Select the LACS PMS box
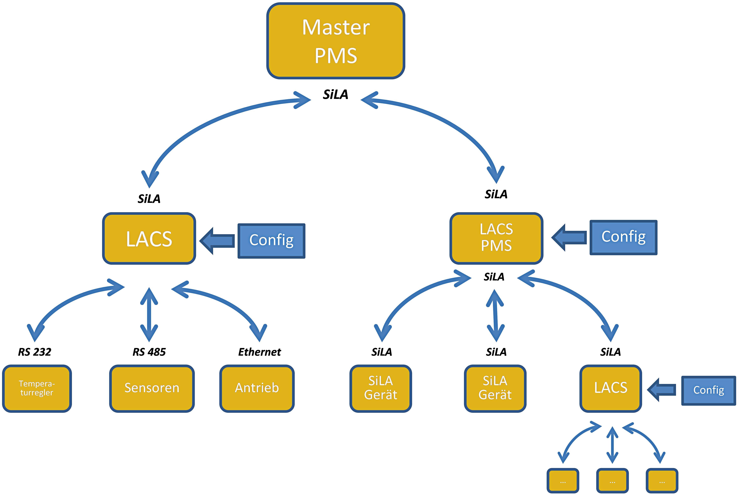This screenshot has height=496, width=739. (496, 238)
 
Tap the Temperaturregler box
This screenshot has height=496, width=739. (37, 388)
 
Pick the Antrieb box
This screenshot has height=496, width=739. (257, 388)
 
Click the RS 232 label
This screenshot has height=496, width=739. (35, 352)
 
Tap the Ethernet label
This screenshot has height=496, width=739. (259, 352)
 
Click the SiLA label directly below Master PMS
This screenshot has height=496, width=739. (336, 94)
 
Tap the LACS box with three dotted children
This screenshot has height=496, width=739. (610, 388)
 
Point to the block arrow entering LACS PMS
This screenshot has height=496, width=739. (569, 238)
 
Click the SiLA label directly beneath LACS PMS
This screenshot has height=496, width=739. (494, 277)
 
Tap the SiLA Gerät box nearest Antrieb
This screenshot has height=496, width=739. (381, 388)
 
